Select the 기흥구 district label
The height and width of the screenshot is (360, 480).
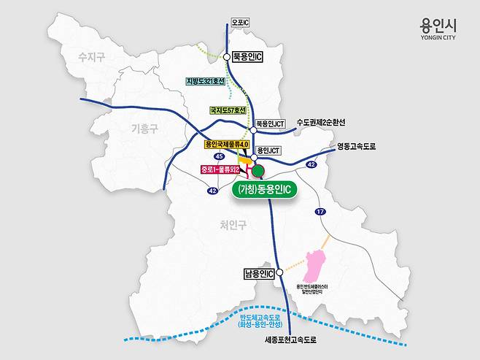click(x=144, y=129)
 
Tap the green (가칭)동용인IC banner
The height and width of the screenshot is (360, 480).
click(x=265, y=190)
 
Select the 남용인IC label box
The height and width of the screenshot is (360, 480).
click(x=260, y=274)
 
